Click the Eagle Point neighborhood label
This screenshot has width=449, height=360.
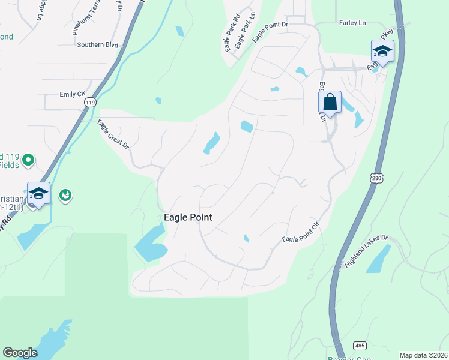tap(188, 217)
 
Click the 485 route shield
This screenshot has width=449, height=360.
tap(360, 346)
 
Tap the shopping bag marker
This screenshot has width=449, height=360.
tap(330, 102)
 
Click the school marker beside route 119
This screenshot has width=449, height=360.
tap(38, 194)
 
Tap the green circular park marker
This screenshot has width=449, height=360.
tap(28, 160)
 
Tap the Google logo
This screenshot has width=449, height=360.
tap(20, 353)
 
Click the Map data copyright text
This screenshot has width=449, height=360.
tap(423, 355)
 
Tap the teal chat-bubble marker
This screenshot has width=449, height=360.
tap(65, 195)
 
